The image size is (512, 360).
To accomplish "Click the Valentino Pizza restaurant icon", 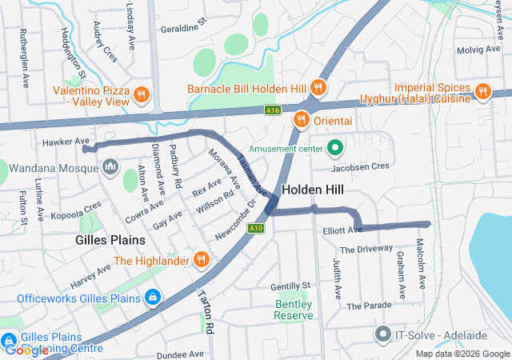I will (142, 94).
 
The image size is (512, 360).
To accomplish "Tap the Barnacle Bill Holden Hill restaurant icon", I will (318, 88).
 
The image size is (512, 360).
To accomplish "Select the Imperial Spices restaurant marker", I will (482, 91).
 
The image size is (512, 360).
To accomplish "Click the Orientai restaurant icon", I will (301, 120).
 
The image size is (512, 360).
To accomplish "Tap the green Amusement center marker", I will (334, 148).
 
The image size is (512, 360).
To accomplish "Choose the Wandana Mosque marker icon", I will (110, 167).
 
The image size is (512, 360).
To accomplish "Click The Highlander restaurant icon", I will (201, 260).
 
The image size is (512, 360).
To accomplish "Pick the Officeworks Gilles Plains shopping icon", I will (152, 298).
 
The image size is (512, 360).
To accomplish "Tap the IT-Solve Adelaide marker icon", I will (382, 333).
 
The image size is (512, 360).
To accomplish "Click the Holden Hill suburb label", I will (314, 190).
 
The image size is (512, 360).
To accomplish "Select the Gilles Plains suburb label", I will (110, 240).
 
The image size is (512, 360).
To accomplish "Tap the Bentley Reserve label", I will (293, 310).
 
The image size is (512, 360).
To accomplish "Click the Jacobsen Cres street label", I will (360, 166).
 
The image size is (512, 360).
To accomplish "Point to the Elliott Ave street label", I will (342, 230).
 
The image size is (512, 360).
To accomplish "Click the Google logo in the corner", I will (27, 350).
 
